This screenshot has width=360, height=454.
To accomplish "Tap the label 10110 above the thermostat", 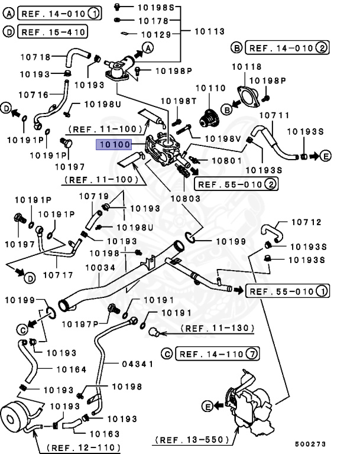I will coord(210,88).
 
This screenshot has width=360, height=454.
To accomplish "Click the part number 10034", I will coord(102,268).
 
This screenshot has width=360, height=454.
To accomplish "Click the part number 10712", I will coord(306,223).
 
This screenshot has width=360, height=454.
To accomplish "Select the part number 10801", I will coord(226,160).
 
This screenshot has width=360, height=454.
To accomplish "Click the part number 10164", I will coord(72,369).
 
